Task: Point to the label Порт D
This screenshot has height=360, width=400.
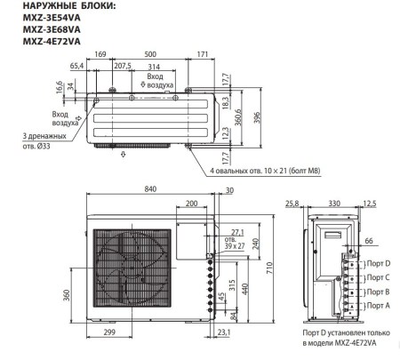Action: tap(379, 263)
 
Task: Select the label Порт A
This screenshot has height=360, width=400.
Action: tap(379, 305)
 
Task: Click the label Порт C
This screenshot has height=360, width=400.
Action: tap(379, 277)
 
